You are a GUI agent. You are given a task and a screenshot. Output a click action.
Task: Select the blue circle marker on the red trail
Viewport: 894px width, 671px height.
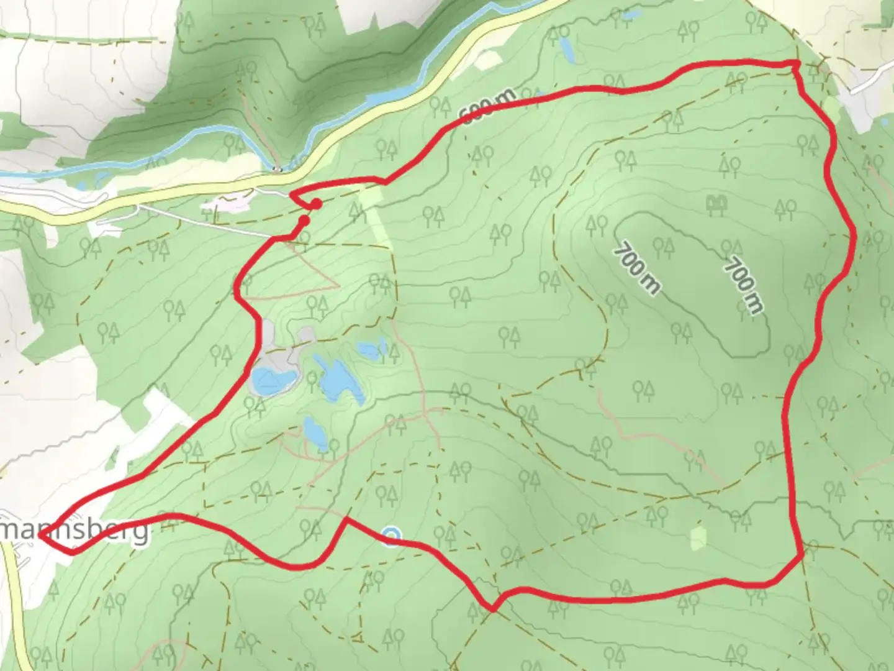391,535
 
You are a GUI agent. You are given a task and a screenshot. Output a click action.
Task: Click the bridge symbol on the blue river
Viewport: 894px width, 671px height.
277,168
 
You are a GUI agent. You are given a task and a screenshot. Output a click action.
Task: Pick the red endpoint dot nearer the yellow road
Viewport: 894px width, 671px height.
316,204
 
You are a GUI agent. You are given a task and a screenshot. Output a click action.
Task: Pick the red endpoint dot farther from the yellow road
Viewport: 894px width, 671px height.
304,220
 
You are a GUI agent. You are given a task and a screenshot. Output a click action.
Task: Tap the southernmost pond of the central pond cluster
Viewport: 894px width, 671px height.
315,431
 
